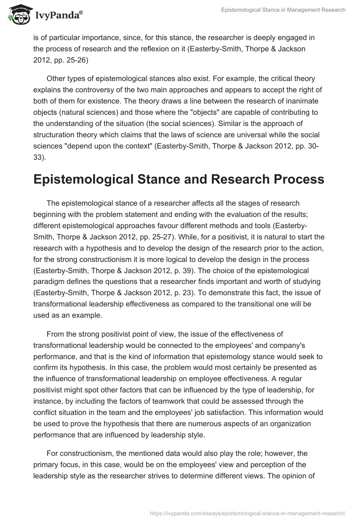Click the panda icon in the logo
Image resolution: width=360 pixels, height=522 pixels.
pyautogui.click(x=18, y=15)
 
